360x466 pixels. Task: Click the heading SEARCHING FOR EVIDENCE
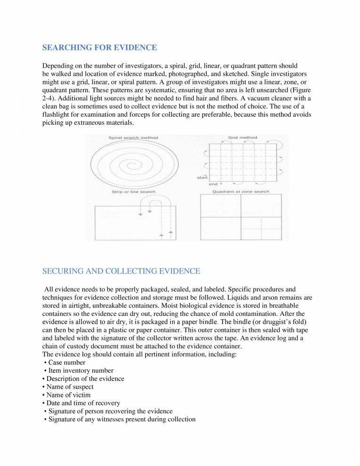point(99,48)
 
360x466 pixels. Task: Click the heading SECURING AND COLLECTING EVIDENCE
point(121,271)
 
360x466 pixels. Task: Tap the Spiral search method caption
point(133,138)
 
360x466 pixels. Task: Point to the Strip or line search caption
point(133,192)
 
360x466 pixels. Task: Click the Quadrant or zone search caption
point(240,192)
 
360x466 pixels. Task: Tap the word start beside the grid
point(202,177)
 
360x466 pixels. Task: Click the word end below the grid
point(213,184)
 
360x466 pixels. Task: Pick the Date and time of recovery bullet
point(83,403)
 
